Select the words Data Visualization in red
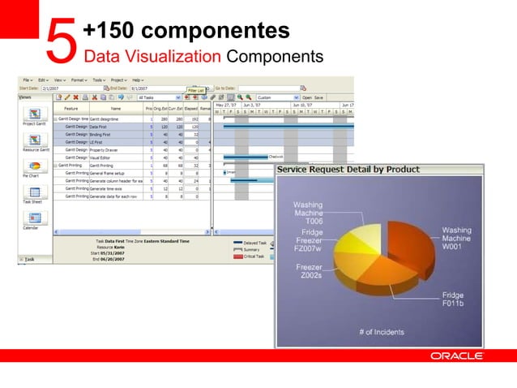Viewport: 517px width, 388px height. pyautogui.click(x=152, y=57)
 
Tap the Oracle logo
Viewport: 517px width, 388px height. pyautogui.click(x=457, y=356)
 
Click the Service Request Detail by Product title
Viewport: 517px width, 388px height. pyautogui.click(x=349, y=170)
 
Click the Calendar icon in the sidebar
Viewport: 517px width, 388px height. pyautogui.click(x=36, y=218)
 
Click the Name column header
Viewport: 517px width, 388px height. pyautogui.click(x=116, y=108)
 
